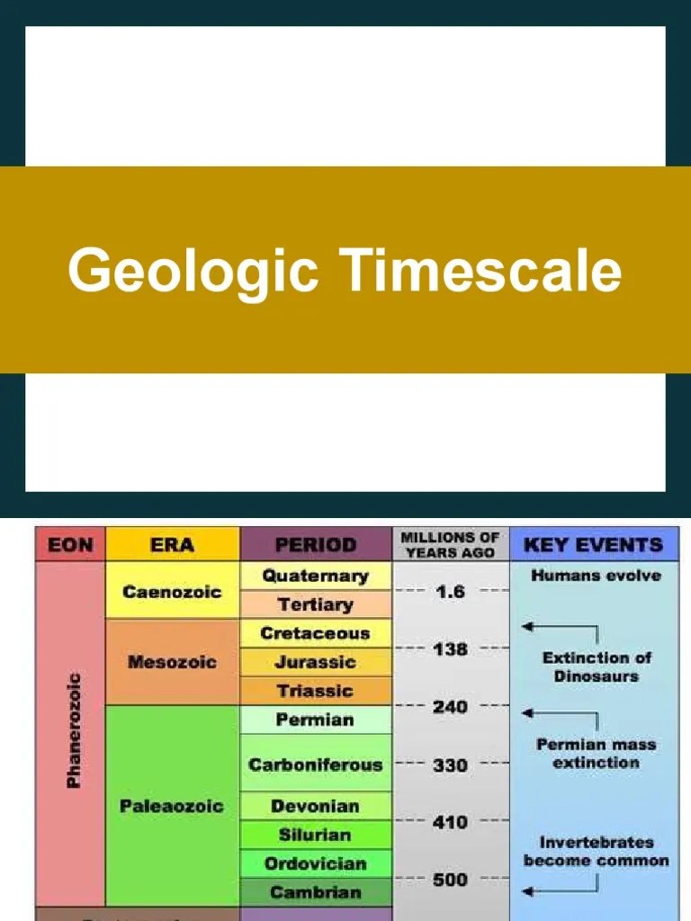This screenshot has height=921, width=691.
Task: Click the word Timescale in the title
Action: [x=480, y=271]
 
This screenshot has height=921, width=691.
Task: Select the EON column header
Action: [x=69, y=544]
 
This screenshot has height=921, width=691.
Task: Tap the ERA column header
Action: [x=172, y=544]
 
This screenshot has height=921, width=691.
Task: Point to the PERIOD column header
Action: [x=315, y=544]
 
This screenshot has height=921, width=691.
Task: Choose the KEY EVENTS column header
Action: [x=593, y=544]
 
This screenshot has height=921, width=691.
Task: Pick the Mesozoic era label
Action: [x=172, y=662]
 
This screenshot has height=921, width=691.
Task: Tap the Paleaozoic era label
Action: [x=172, y=805]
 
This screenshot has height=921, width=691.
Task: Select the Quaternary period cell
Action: [x=315, y=576]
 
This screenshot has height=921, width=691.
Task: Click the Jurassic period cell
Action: [x=315, y=662]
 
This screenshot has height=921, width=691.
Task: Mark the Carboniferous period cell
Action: [x=315, y=765]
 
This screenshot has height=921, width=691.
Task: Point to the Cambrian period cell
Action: [x=315, y=892]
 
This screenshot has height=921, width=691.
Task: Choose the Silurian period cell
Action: [x=315, y=835]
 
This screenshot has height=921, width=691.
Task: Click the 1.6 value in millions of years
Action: [x=451, y=592]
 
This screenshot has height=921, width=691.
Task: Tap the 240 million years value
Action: [x=451, y=707]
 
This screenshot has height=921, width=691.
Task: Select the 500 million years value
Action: [x=451, y=880]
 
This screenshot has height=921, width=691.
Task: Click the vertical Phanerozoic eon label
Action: [x=73, y=730]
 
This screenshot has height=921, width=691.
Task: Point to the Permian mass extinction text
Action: [x=596, y=754]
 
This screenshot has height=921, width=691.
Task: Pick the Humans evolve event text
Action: [x=596, y=576]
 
